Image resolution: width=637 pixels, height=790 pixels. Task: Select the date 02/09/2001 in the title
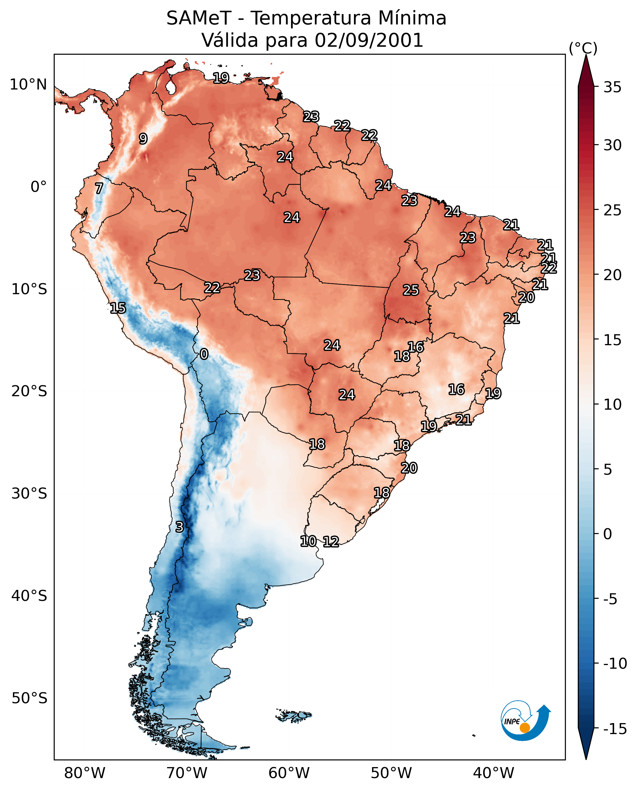point(369,40)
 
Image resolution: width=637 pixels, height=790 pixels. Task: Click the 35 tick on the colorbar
point(612,87)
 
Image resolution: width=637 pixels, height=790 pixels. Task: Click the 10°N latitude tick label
point(28,85)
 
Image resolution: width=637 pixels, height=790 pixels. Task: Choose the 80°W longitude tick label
point(84,773)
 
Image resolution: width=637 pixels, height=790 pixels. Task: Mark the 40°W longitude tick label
point(493,773)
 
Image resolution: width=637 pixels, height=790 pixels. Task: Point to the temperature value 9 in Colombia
point(143,139)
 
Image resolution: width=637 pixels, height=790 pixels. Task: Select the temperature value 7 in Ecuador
point(99,188)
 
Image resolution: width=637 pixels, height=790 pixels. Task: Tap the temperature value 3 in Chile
point(179,527)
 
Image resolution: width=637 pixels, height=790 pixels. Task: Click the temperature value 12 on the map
point(331,541)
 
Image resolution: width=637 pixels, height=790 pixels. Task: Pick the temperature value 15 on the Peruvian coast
point(118,308)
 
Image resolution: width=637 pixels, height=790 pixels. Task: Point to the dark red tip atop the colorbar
point(586,68)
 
